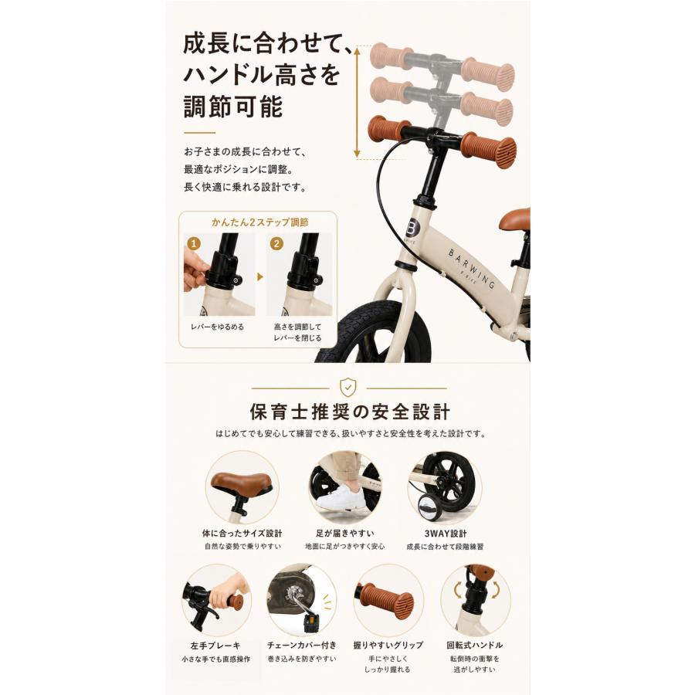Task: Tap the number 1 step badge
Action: coord(194,243)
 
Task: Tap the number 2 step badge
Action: coord(276,243)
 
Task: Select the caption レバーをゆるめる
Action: coord(217,327)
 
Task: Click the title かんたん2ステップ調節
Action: coord(259,222)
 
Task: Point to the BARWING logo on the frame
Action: coord(472,268)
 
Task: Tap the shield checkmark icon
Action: coord(348,388)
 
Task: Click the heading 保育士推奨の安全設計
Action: coord(349,412)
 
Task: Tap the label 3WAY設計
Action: coord(445,533)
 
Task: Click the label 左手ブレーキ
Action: coord(215,646)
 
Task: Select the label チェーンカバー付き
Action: coord(302,646)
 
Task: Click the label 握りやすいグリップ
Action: coord(388,646)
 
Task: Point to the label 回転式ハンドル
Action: coord(475,646)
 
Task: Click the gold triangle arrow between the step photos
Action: coord(260,277)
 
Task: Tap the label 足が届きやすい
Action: coord(345,533)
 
